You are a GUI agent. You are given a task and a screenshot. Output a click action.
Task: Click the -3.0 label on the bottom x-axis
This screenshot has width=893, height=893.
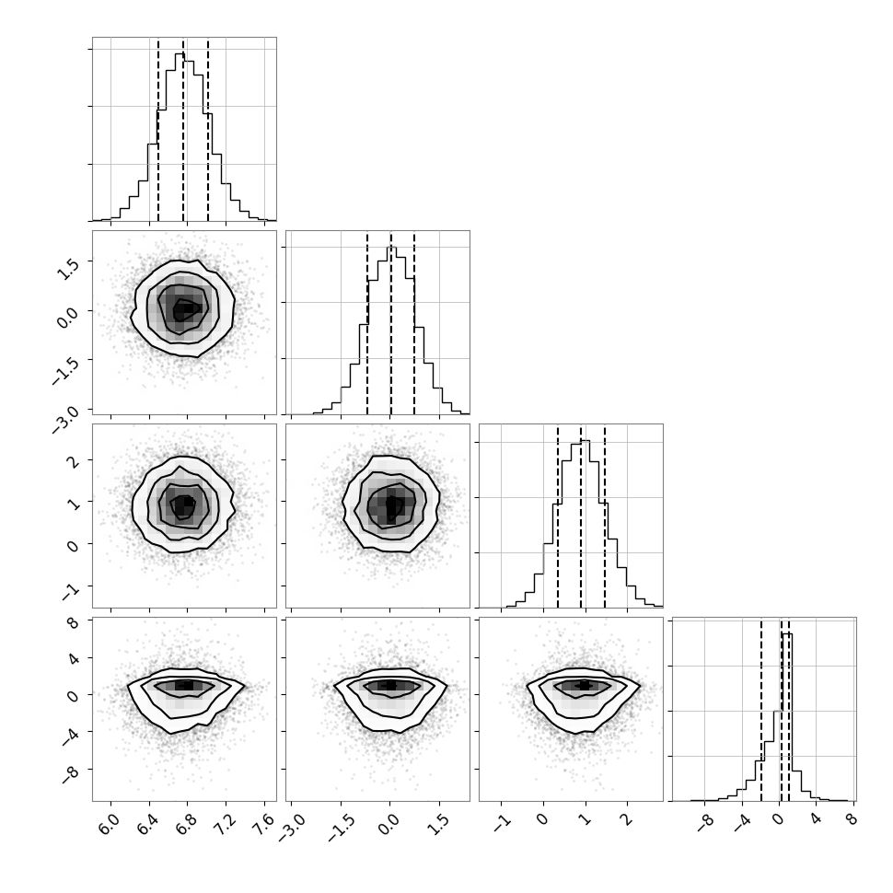click(292, 828)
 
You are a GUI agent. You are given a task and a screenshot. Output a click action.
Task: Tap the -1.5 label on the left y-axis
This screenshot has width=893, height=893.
click(64, 371)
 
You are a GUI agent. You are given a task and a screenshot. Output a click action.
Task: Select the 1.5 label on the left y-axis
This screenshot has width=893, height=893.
click(68, 265)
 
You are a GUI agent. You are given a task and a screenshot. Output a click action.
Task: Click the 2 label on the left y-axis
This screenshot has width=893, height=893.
click(74, 462)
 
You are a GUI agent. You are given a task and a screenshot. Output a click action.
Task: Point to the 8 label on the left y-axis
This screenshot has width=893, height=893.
click(73, 623)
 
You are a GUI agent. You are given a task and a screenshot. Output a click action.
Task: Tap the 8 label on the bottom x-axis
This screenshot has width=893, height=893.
click(852, 819)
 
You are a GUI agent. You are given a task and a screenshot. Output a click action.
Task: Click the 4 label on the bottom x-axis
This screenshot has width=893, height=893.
click(815, 819)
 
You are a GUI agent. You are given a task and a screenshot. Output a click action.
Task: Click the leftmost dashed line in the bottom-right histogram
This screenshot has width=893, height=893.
click(760, 710)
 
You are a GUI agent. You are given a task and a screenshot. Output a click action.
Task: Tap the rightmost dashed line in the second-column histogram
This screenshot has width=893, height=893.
click(414, 324)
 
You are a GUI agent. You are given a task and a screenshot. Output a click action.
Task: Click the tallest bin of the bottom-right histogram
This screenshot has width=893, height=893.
click(787, 717)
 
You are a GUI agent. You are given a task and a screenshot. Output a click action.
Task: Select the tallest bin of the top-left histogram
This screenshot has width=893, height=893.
click(180, 136)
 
